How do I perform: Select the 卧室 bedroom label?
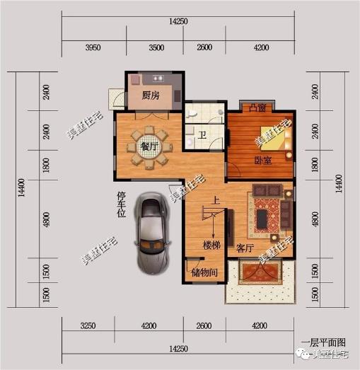(x=263, y=161)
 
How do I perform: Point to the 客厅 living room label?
(x=245, y=248)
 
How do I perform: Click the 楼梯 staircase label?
(x=212, y=245)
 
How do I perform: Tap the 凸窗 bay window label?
(x=258, y=108)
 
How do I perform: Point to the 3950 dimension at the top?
(x=96, y=47)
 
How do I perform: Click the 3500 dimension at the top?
(x=156, y=47)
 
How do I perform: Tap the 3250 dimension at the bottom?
(x=88, y=327)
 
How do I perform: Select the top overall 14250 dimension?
(x=178, y=22)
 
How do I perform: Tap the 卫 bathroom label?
(x=202, y=136)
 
